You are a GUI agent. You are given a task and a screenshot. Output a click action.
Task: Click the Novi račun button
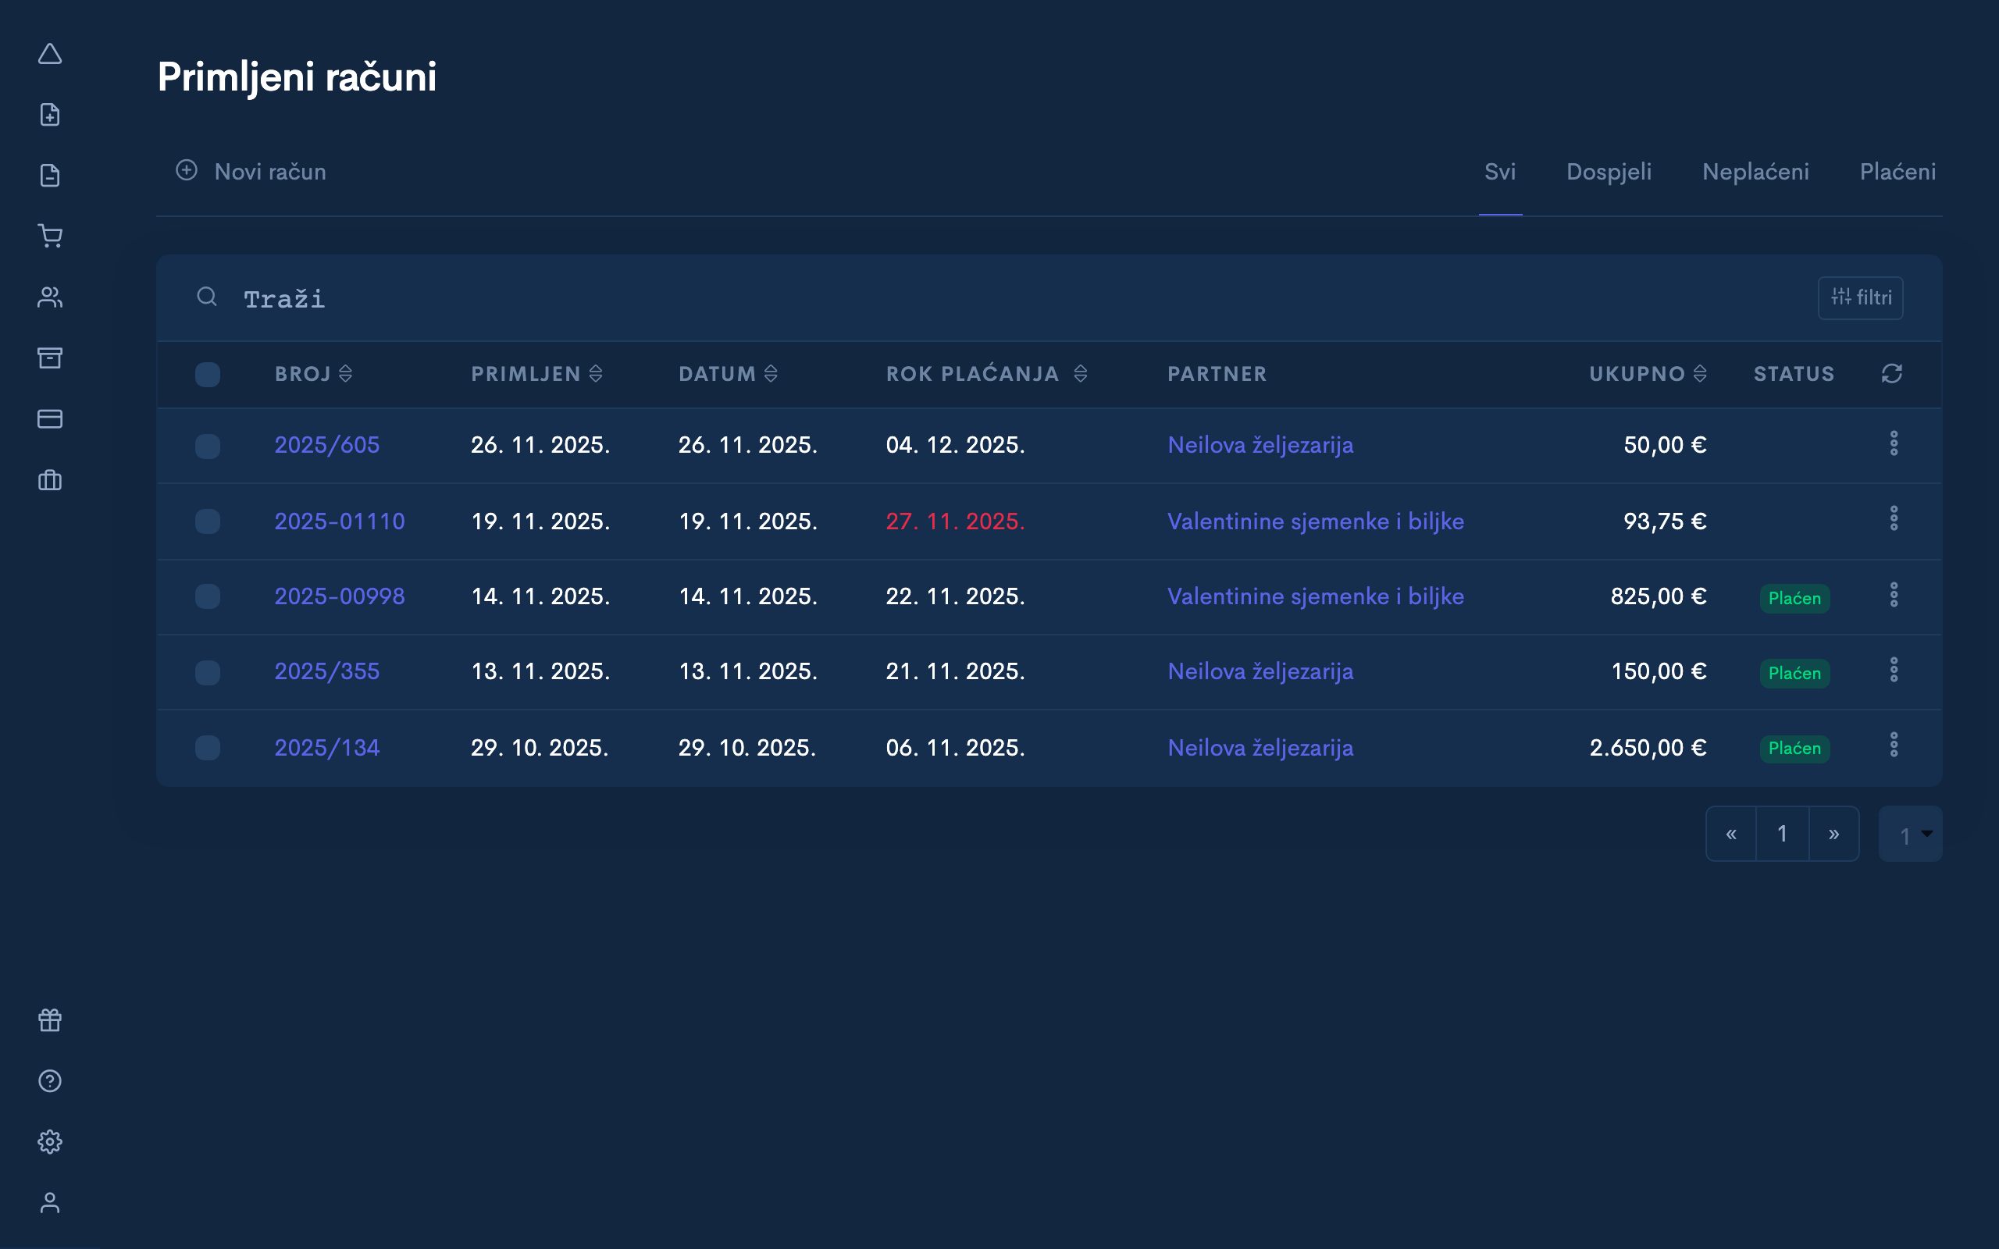coord(251,172)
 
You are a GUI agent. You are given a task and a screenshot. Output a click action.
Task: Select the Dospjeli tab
coord(1609,172)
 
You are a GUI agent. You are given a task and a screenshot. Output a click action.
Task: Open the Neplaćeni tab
coord(1755,172)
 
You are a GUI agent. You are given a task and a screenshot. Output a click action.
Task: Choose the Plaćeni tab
coord(1897,172)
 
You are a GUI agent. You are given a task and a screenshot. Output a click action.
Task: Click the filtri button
coord(1860,297)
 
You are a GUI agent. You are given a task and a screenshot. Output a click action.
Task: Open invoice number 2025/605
coord(327,445)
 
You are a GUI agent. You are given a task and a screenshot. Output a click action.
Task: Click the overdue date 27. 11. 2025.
coord(955,521)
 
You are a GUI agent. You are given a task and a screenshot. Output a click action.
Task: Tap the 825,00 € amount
coord(1658,596)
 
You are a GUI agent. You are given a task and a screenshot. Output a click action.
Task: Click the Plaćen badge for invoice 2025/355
coord(1794,673)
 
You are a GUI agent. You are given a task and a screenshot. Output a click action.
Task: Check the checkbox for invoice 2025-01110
coord(208,521)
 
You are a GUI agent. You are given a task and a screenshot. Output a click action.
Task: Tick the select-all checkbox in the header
coord(208,374)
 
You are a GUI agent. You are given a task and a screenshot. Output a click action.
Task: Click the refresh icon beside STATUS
coord(1891,374)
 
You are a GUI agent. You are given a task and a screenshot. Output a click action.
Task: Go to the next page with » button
coord(1833,834)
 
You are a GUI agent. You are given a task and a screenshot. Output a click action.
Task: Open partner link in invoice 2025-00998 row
coord(1315,596)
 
